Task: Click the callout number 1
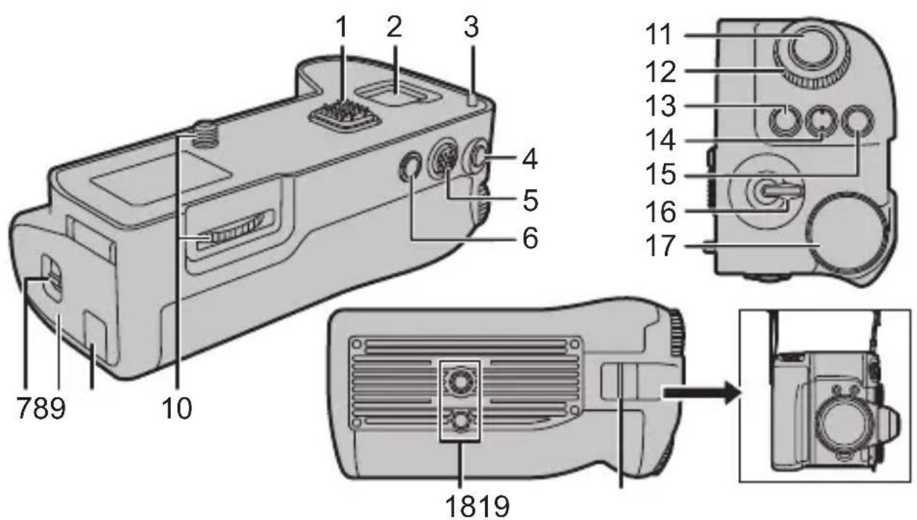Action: coord(341,28)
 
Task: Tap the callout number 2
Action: coord(394,28)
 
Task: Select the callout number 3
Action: coord(471,28)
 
